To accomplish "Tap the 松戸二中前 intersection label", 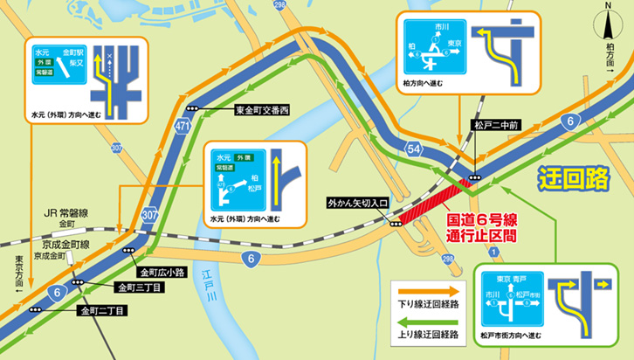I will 495,125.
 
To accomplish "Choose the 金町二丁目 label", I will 104,309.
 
